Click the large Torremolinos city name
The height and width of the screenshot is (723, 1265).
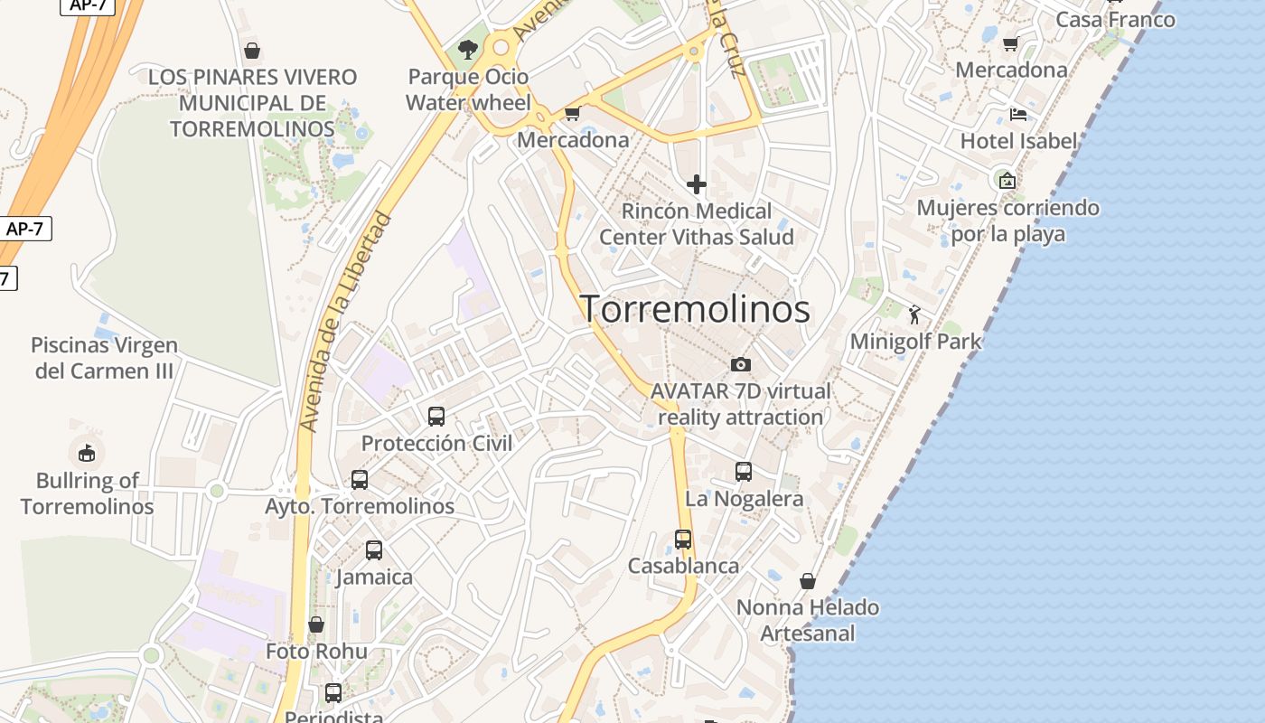tap(694, 309)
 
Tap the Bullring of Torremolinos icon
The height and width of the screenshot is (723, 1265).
tap(87, 452)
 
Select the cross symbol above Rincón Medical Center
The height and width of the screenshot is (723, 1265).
tap(696, 184)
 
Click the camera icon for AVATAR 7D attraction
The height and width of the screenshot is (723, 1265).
tap(740, 364)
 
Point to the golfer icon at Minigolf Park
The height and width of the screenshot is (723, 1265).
tap(914, 315)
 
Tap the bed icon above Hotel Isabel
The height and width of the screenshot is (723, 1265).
tap(1018, 115)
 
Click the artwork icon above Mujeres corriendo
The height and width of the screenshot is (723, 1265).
tap(1007, 181)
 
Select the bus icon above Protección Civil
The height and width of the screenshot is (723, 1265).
tap(436, 417)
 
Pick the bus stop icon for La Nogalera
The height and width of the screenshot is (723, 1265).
tap(744, 472)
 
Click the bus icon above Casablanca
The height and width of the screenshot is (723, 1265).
tap(683, 540)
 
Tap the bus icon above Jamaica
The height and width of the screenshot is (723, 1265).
tap(374, 549)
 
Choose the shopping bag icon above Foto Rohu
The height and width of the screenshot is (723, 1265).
tap(316, 624)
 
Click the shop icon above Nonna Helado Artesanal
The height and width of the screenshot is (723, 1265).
tap(808, 580)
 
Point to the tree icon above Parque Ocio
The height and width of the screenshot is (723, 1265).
tap(467, 49)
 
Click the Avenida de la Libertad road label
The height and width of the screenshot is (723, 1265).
tap(347, 321)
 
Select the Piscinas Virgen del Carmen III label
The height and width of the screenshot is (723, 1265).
tap(104, 358)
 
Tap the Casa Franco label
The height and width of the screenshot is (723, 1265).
tap(1115, 19)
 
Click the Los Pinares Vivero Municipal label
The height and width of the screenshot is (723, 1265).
tap(252, 102)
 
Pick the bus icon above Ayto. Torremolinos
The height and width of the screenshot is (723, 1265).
tap(360, 480)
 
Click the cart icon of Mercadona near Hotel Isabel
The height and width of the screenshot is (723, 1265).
tap(1010, 43)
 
